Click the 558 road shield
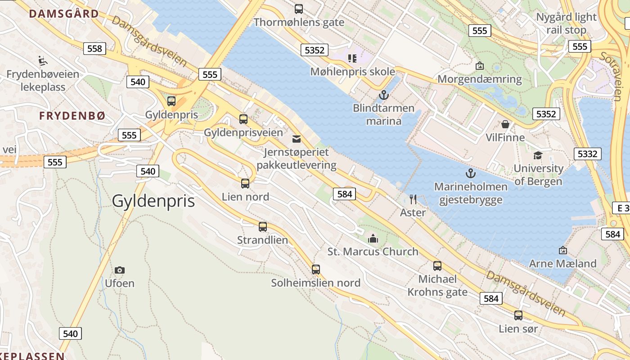[x=94, y=49]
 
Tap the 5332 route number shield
[x=588, y=154]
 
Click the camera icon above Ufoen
[x=119, y=270]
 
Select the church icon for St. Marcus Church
[x=373, y=238]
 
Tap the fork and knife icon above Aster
[x=413, y=199]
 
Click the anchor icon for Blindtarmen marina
[x=383, y=95]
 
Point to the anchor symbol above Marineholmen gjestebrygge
[x=470, y=173]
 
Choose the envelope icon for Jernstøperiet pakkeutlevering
[x=297, y=139]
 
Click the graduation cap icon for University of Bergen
[x=538, y=156]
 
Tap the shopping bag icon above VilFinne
[x=505, y=124]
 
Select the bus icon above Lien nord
[x=245, y=184]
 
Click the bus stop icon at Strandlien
[x=263, y=227]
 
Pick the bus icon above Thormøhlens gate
[x=299, y=9]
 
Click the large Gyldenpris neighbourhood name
[x=153, y=201]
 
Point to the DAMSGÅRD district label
[x=64, y=13]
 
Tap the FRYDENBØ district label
[x=72, y=116]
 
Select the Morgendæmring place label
[x=480, y=79]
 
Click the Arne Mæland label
[x=562, y=263]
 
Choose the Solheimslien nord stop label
[x=315, y=283]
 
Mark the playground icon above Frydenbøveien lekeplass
[x=42, y=60]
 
